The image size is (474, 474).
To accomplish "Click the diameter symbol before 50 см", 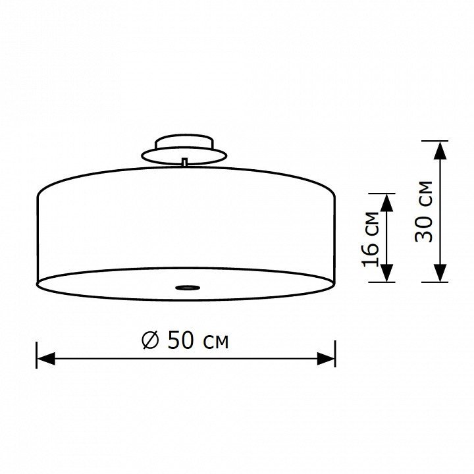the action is [150, 340].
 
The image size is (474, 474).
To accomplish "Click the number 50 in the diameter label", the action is [180, 340].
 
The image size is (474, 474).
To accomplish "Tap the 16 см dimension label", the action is [370, 240].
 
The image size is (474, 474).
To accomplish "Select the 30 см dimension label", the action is [423, 211].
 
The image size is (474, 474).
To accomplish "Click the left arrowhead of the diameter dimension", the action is [46, 359].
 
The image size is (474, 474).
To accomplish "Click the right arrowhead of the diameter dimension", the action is [326, 359].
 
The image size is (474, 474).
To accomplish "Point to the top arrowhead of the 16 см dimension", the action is [387, 203].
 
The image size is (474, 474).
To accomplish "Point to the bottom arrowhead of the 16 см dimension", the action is [387, 273].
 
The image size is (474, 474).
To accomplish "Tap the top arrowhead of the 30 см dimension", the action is [440, 150].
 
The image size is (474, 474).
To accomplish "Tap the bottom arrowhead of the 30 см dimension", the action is [440, 273].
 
